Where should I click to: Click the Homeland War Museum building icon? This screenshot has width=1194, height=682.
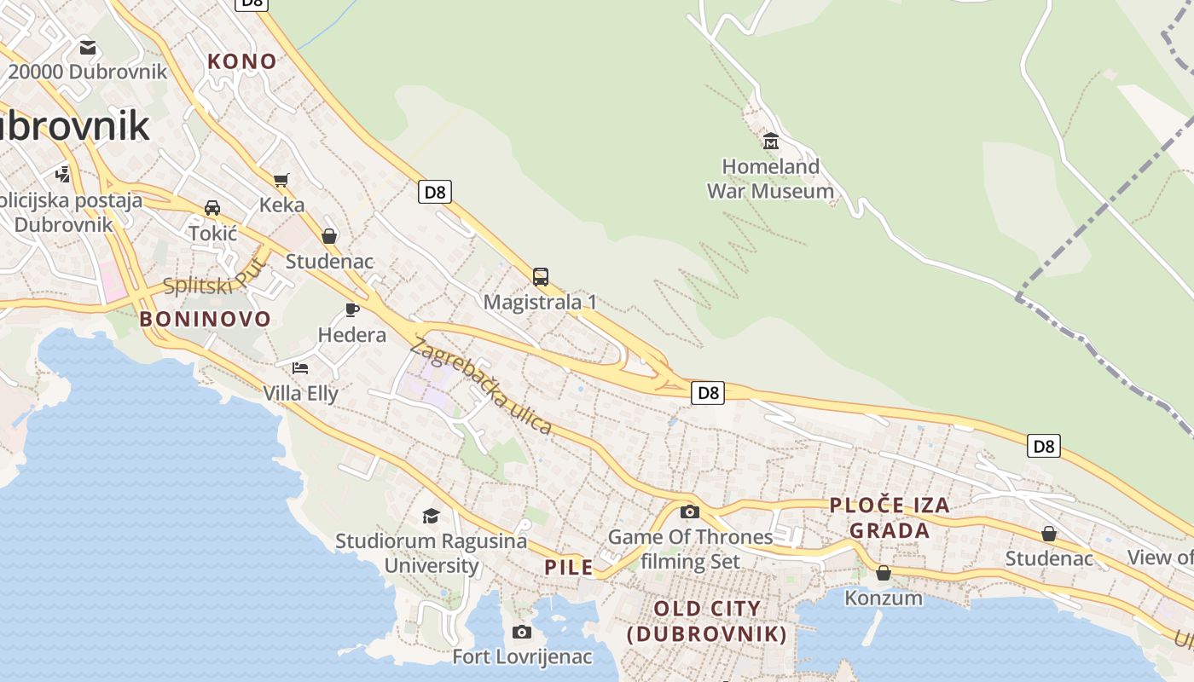click(771, 141)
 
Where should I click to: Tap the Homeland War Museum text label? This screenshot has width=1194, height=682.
click(770, 179)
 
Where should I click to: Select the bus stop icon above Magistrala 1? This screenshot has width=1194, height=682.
click(541, 277)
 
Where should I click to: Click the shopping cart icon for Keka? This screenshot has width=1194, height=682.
click(281, 180)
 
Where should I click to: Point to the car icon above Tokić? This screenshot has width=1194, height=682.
click(212, 208)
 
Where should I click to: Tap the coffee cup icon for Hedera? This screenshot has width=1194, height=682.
click(352, 309)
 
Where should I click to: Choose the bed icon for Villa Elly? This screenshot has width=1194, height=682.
click(300, 368)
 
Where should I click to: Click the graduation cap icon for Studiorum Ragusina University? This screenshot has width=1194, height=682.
click(431, 516)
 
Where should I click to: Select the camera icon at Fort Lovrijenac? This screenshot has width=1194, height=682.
click(522, 632)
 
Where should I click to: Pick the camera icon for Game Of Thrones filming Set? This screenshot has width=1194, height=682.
click(690, 511)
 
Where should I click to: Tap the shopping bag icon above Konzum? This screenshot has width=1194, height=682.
click(884, 573)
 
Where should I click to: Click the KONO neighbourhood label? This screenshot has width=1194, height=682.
click(243, 61)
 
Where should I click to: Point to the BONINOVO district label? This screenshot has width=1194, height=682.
click(205, 320)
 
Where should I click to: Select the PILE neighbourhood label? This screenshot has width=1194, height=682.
click(569, 568)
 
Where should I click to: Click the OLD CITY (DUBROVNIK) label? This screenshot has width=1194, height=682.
click(707, 621)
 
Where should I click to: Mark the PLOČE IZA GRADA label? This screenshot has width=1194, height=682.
click(890, 517)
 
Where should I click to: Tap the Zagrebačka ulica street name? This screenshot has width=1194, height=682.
click(482, 386)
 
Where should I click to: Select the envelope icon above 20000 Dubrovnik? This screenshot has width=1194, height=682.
click(87, 47)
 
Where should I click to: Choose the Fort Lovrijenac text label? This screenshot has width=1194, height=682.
click(522, 657)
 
